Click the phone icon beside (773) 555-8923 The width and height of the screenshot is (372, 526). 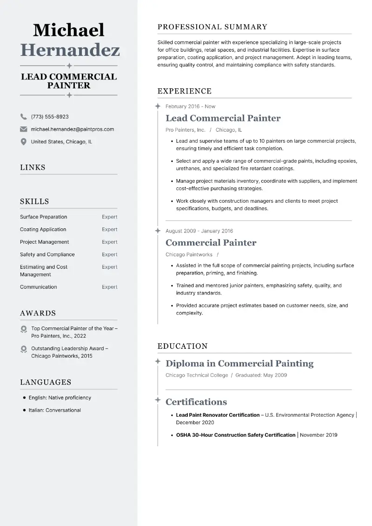[x=23, y=117]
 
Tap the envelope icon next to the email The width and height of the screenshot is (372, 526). [x=23, y=129]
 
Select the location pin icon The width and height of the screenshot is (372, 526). [x=23, y=142]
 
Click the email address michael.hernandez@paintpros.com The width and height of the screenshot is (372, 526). [x=72, y=129]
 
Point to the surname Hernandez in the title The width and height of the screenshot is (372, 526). [x=70, y=50]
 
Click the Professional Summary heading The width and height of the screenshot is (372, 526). [x=213, y=27]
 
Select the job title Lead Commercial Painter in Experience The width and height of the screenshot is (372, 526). [x=223, y=118]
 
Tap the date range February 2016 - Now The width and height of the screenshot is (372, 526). [x=190, y=107]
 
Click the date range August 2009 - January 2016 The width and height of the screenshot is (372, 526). [x=199, y=231]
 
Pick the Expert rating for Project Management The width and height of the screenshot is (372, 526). [x=110, y=242]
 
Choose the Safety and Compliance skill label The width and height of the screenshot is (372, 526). [x=47, y=254]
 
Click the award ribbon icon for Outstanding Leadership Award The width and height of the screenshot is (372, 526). [x=24, y=349]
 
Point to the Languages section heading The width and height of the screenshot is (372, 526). [x=46, y=382]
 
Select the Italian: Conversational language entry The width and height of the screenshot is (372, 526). [x=54, y=410]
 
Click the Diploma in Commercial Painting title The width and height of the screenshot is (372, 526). [x=239, y=363]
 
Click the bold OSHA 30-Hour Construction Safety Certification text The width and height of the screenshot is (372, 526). [x=235, y=435]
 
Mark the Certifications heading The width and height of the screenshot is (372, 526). [x=196, y=402]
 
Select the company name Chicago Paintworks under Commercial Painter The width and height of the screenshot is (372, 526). [x=189, y=255]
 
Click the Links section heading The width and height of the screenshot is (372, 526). [x=33, y=167]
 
